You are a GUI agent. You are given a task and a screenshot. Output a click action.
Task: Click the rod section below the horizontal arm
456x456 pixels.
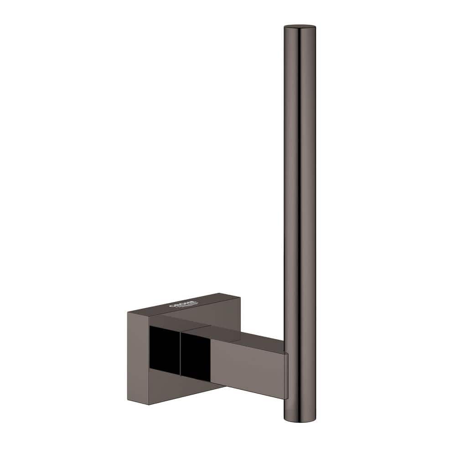(299, 401)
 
